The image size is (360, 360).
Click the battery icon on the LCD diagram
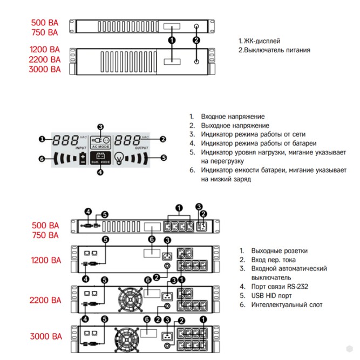point(83,159)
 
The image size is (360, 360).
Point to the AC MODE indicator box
point(100,141)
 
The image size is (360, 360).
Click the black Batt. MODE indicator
point(100,158)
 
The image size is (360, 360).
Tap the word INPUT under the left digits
point(81,147)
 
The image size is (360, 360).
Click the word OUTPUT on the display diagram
point(141,147)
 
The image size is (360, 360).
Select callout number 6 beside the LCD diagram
point(42,159)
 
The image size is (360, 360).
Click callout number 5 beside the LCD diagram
point(164,158)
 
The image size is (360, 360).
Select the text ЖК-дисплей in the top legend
point(263,41)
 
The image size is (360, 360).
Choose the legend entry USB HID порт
point(271,296)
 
